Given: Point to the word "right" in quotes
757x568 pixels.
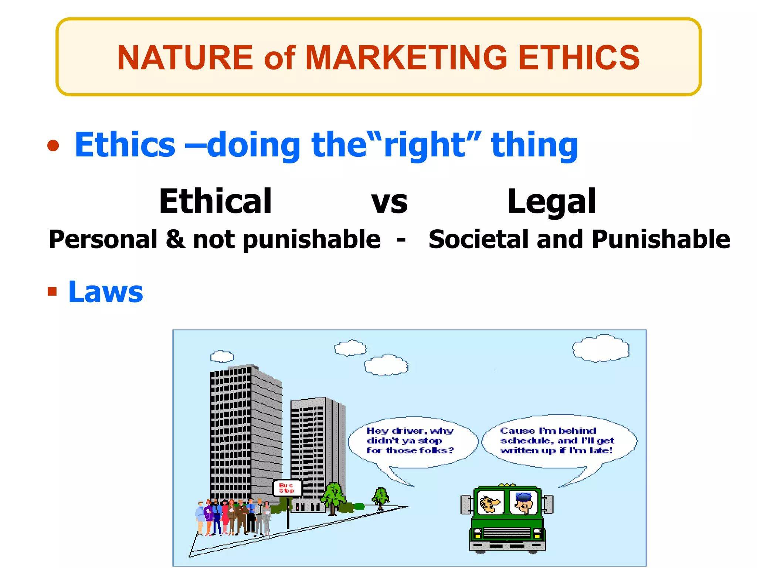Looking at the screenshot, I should point(432,145).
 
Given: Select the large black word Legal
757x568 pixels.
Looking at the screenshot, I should point(551,202).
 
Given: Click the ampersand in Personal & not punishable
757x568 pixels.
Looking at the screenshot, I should point(175,239).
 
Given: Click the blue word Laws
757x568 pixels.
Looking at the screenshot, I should point(106,292).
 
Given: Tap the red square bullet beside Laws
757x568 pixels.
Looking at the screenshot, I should point(52,292).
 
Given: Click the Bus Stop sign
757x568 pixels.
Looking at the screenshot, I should point(287,488).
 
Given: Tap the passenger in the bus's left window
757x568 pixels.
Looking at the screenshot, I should point(490,503).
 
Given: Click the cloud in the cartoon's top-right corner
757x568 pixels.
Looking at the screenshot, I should point(601,348).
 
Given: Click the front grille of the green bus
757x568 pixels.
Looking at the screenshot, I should point(507,533).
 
